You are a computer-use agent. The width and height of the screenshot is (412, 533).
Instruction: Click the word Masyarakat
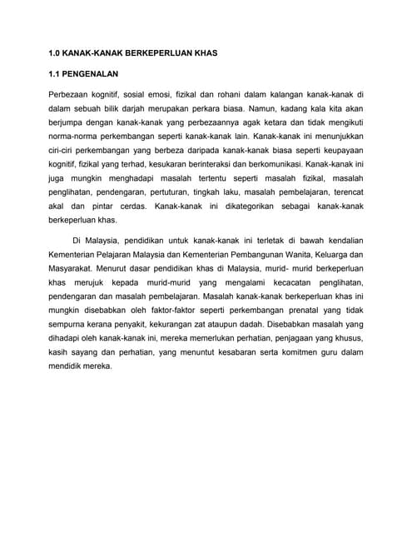(x=72, y=267)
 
